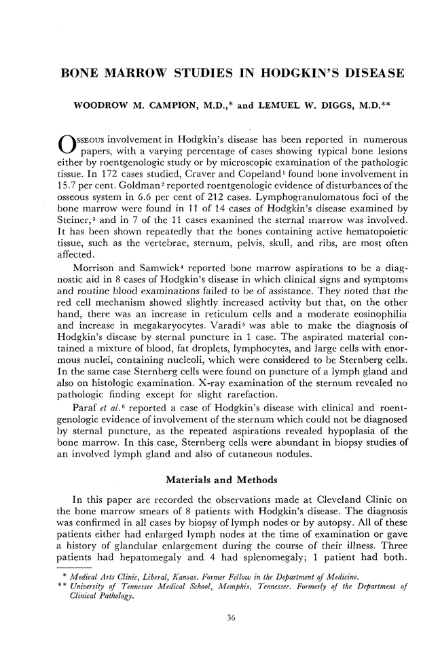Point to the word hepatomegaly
click(144, 565)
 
